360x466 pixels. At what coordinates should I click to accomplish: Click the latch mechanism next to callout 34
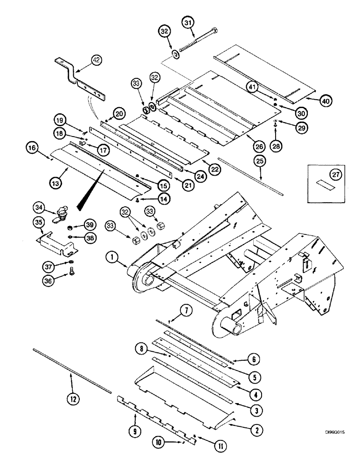[61, 217]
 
